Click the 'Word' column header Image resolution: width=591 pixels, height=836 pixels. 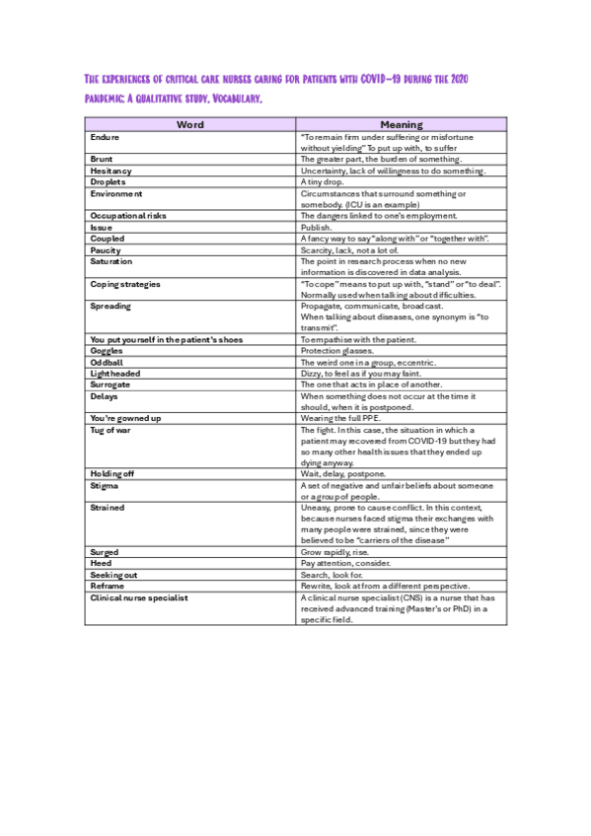tap(190, 125)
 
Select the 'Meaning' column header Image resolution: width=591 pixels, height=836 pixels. tap(401, 125)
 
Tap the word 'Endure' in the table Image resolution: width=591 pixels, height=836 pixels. tap(106, 136)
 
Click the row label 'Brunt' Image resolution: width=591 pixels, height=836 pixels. tap(102, 159)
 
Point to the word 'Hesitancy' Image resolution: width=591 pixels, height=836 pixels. tap(111, 171)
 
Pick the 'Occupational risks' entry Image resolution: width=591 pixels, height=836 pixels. tap(128, 216)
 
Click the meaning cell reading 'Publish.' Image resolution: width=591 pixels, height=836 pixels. tap(317, 228)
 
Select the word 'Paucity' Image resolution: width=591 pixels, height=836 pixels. tap(106, 250)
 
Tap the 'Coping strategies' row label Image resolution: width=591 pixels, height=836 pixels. tap(124, 285)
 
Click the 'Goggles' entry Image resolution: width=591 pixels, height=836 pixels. tap(107, 351)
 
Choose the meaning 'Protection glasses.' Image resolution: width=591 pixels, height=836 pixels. tap(337, 351)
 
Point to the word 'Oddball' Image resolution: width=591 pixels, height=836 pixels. tap(107, 363)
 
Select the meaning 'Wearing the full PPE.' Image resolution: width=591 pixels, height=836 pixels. tap(343, 419)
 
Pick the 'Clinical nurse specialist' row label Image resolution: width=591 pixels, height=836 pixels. tap(139, 598)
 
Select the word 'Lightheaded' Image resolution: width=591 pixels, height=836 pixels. tap(115, 375)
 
